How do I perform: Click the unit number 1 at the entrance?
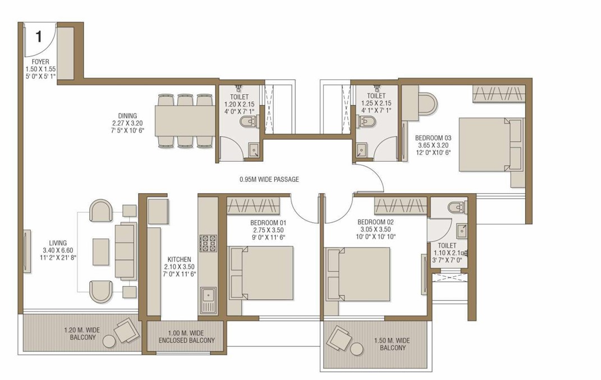[x=38, y=37]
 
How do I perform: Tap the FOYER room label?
[x=40, y=61]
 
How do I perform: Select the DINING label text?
[x=127, y=116]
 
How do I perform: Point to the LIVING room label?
[x=58, y=242]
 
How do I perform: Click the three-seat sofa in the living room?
[x=126, y=250]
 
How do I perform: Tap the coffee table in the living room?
[x=101, y=251]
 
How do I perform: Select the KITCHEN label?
[x=179, y=259]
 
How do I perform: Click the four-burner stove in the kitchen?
[x=208, y=243]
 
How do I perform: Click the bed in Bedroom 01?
[x=261, y=273]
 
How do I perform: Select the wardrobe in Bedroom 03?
[x=498, y=94]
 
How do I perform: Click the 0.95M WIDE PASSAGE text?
[x=269, y=179]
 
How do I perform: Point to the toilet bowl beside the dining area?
[x=249, y=122]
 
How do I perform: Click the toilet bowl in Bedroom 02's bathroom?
[x=456, y=208]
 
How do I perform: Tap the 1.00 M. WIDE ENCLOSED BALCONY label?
[x=187, y=337]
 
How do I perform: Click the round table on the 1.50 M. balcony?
[x=356, y=349]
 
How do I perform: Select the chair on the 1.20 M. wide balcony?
[x=126, y=331]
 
